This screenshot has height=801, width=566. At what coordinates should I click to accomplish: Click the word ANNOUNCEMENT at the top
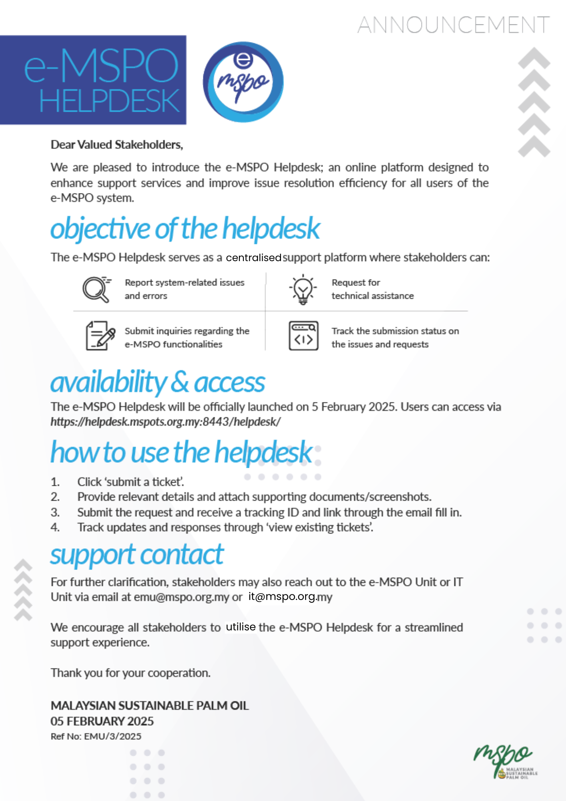pyautogui.click(x=454, y=25)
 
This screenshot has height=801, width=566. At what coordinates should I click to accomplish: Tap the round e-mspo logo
pyautogui.click(x=243, y=82)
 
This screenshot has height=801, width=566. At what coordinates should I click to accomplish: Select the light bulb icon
pyautogui.click(x=303, y=289)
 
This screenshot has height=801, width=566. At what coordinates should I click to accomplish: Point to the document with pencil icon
pyautogui.click(x=100, y=336)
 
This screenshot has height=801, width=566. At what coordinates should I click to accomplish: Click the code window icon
pyautogui.click(x=303, y=336)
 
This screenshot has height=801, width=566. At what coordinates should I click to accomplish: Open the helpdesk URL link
pyautogui.click(x=165, y=422)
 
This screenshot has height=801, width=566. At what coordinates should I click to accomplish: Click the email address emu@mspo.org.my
pyautogui.click(x=181, y=597)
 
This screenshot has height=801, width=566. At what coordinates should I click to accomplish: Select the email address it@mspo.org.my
pyautogui.click(x=290, y=597)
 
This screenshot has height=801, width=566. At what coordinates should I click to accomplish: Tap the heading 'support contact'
pyautogui.click(x=136, y=555)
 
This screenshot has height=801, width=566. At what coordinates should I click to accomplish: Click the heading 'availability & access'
pyautogui.click(x=157, y=382)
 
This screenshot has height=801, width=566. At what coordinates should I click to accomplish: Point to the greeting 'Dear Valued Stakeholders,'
pyautogui.click(x=116, y=145)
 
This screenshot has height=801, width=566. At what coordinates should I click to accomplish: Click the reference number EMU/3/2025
pyautogui.click(x=112, y=736)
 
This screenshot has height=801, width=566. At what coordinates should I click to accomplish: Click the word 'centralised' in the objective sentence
pyautogui.click(x=253, y=258)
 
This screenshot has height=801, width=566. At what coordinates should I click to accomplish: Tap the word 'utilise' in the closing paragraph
pyautogui.click(x=241, y=627)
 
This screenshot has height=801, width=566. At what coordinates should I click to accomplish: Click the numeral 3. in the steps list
pyautogui.click(x=55, y=512)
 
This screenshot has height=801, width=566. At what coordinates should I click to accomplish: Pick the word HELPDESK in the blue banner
pyautogui.click(x=109, y=101)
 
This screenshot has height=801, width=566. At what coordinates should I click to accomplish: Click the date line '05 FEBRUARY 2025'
pyautogui.click(x=102, y=721)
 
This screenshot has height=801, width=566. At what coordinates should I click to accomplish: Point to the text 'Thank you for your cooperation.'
pyautogui.click(x=130, y=673)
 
